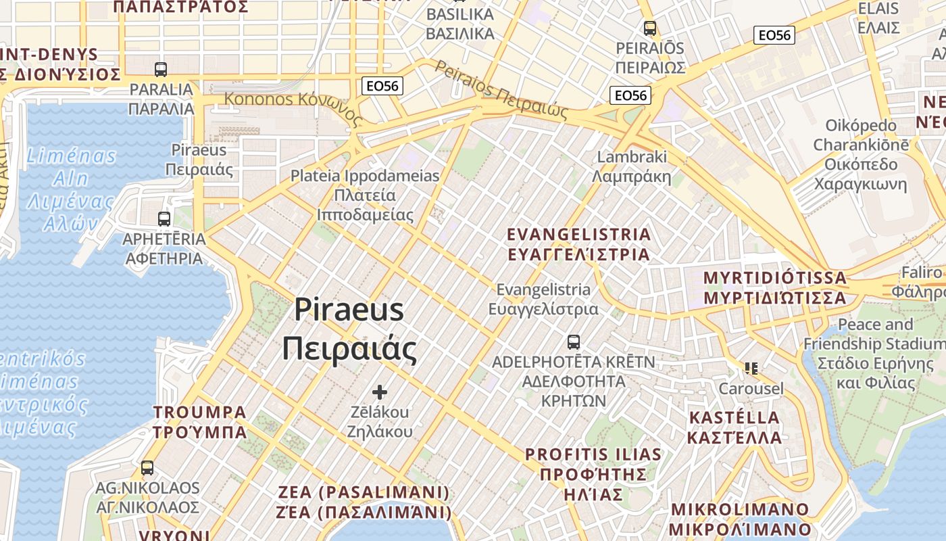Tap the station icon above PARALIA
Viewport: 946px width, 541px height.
tap(161, 70)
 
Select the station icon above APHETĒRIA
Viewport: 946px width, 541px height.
tap(164, 219)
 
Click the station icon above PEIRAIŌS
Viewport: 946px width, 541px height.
tap(650, 28)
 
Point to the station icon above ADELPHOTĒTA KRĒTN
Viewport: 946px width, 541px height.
tap(574, 342)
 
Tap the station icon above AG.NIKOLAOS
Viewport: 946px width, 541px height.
tap(147, 467)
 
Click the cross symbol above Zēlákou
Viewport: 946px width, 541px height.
tap(380, 392)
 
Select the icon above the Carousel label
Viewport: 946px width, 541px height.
tap(751, 369)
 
